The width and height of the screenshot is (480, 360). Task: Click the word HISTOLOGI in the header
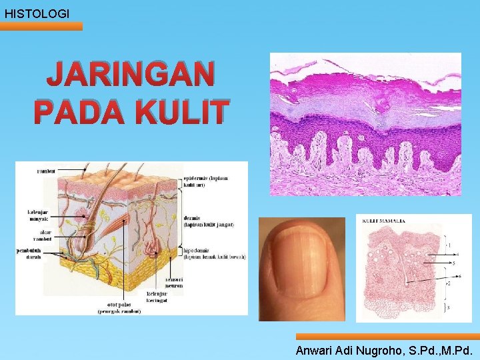click(x=37, y=13)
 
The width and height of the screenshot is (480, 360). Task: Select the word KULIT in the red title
click(x=178, y=111)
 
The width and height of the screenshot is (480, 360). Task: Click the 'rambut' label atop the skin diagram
click(x=45, y=171)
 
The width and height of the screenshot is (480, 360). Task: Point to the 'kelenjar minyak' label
click(x=37, y=216)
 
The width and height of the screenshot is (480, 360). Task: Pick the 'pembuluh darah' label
click(x=30, y=254)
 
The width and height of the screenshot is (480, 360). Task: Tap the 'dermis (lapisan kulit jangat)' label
click(x=209, y=222)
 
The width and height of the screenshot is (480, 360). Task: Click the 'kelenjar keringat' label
click(x=158, y=297)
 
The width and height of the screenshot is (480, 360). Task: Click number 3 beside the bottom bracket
click(x=449, y=307)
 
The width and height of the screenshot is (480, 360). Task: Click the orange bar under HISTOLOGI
click(x=41, y=26)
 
